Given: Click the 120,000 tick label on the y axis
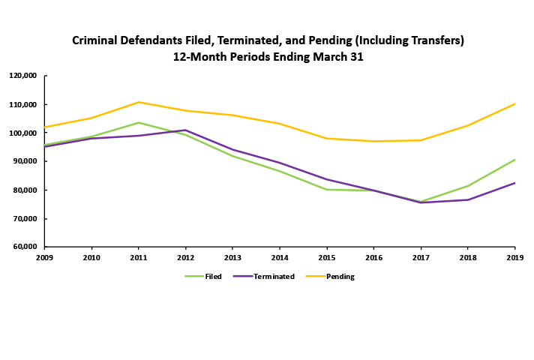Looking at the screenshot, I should tap(23, 76).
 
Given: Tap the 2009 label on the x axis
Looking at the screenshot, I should tap(45, 257).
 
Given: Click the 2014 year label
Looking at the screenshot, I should tap(280, 257).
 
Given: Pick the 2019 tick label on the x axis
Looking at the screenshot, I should tap(514, 257).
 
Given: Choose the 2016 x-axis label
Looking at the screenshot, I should tap(373, 257).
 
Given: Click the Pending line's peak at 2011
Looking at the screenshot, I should tap(139, 102).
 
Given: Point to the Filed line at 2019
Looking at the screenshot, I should tap(514, 160).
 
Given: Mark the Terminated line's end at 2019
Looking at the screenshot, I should tap(514, 183).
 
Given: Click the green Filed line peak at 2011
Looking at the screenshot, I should tap(139, 122).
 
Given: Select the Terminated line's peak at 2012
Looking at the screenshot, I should tap(186, 130).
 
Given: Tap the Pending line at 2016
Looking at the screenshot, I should tap(373, 141).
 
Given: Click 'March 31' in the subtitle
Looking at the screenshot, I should tap(337, 56).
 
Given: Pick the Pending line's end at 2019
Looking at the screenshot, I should tap(514, 103).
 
